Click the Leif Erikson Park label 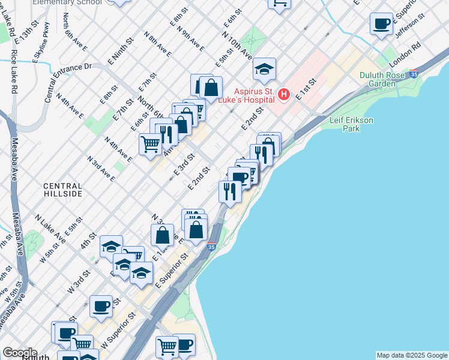(x=351, y=124)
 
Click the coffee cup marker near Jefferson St (x=382, y=24)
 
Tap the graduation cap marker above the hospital (x=264, y=70)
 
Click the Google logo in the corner (x=20, y=352)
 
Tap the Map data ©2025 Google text (x=412, y=355)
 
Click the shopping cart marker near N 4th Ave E (x=149, y=144)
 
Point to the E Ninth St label (x=119, y=52)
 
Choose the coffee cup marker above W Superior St (x=101, y=307)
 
